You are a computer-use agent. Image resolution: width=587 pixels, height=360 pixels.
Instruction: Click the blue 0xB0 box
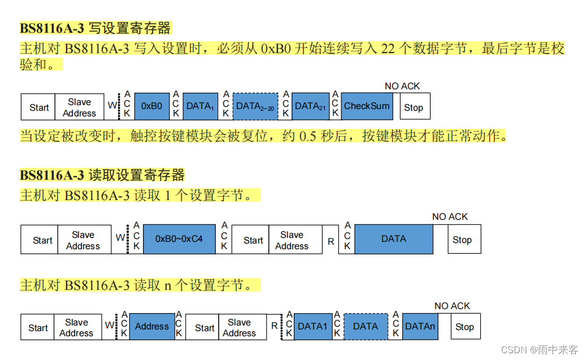point(151,106)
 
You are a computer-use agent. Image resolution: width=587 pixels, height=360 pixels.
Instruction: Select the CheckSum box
point(367,106)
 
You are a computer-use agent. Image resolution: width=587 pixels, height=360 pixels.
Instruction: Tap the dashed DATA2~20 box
point(255,106)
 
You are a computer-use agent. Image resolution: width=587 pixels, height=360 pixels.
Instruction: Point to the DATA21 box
point(310,106)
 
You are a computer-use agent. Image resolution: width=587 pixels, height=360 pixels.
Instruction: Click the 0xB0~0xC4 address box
point(179,239)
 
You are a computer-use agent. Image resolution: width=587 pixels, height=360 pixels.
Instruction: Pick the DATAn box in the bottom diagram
point(420,327)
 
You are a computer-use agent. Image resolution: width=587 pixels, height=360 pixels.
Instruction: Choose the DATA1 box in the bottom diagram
point(312,327)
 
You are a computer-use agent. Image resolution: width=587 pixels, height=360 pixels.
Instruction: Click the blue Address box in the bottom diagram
point(151,327)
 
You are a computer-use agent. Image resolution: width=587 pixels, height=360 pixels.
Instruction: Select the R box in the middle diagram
point(331,241)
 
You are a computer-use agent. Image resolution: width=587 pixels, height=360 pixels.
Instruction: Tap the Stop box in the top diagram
point(414,107)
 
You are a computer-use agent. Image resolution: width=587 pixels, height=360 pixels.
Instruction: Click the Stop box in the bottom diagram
point(464,327)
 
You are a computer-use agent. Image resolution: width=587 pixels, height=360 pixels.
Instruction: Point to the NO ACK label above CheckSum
point(402,86)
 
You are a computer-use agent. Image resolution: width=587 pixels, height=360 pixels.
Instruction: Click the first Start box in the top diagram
point(39,107)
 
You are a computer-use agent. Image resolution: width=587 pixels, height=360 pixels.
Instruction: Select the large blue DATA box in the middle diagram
point(394,239)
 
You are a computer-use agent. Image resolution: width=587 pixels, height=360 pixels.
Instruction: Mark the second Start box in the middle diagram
point(253,241)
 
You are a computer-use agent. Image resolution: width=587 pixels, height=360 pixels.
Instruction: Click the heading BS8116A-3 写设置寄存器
point(95,28)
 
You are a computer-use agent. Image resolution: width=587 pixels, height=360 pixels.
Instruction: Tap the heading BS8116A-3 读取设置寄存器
point(102,175)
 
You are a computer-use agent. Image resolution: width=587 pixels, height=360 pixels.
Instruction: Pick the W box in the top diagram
point(112,106)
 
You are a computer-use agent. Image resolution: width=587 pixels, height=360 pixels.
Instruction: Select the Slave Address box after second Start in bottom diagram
point(239,328)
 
